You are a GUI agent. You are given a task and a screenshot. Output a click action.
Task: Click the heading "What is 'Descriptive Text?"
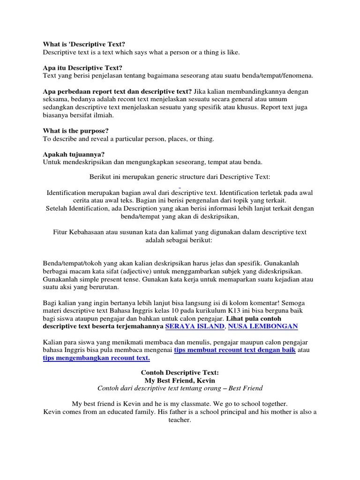click(x=84, y=45)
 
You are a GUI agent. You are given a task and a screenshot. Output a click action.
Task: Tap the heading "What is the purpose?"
click(x=76, y=131)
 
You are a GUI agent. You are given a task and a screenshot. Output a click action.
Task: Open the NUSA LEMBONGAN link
click(x=262, y=326)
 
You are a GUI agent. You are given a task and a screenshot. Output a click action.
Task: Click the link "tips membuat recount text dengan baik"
click(x=234, y=350)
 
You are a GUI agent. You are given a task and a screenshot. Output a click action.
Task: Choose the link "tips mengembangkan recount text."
click(x=97, y=358)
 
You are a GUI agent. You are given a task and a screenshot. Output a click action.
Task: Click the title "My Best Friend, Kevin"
click(x=180, y=381)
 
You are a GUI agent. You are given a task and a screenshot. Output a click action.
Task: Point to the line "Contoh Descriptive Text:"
click(x=180, y=373)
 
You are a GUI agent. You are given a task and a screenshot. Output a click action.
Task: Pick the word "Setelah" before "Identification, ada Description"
click(x=57, y=209)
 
